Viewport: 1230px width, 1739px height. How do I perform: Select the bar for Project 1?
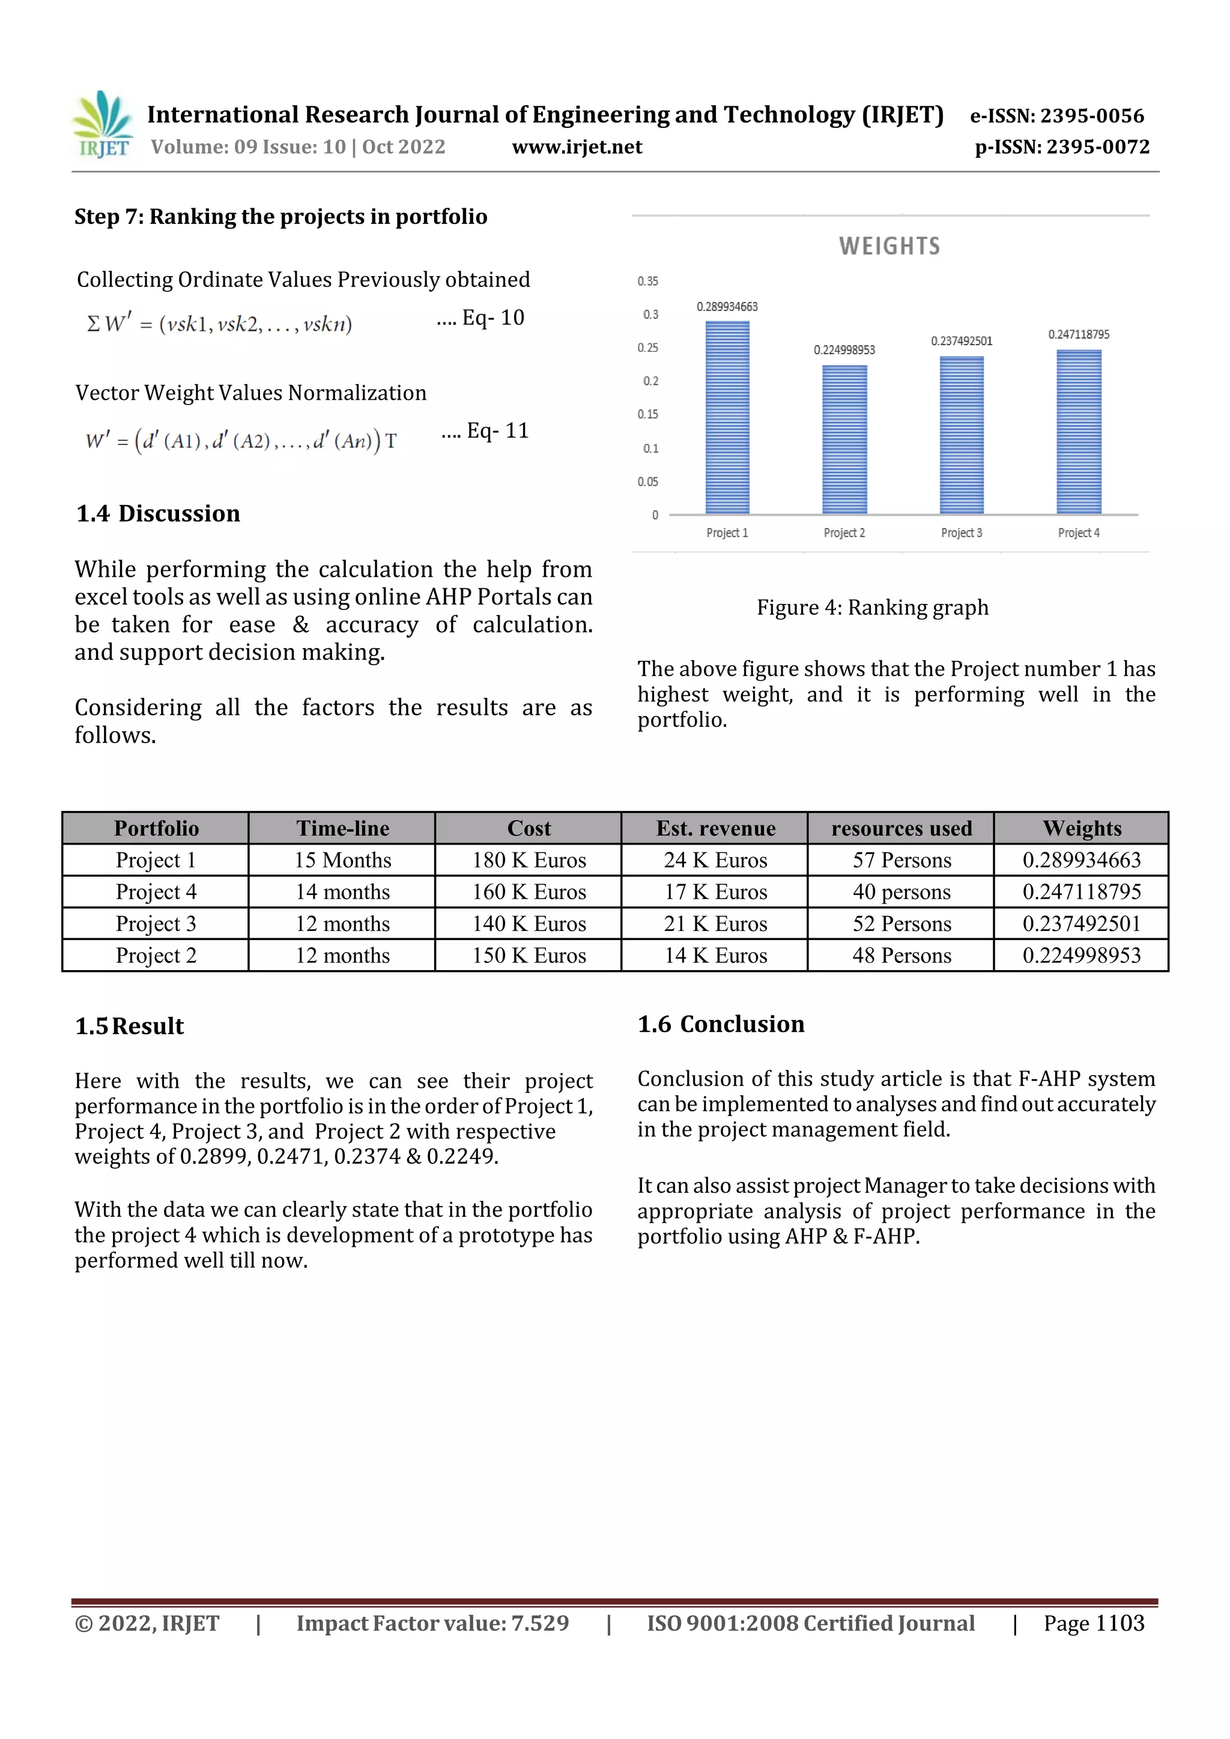727,418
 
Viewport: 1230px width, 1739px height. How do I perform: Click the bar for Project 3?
961,436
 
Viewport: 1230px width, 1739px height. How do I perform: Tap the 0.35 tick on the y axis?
647,281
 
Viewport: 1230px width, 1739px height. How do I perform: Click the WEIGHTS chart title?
889,246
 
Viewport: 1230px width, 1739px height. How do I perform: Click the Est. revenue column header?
715,828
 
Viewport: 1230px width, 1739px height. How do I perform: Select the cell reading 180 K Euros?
529,860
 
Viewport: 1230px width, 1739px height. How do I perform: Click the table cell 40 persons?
900,892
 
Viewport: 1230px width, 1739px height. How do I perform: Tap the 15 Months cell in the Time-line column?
342,860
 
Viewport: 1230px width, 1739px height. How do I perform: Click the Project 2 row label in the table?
156,956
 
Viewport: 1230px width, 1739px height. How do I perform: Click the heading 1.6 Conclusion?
720,1024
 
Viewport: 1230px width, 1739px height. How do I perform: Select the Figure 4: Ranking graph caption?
871,607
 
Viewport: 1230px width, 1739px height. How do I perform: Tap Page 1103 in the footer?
1093,1623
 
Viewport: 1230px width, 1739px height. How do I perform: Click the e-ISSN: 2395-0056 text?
1056,116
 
